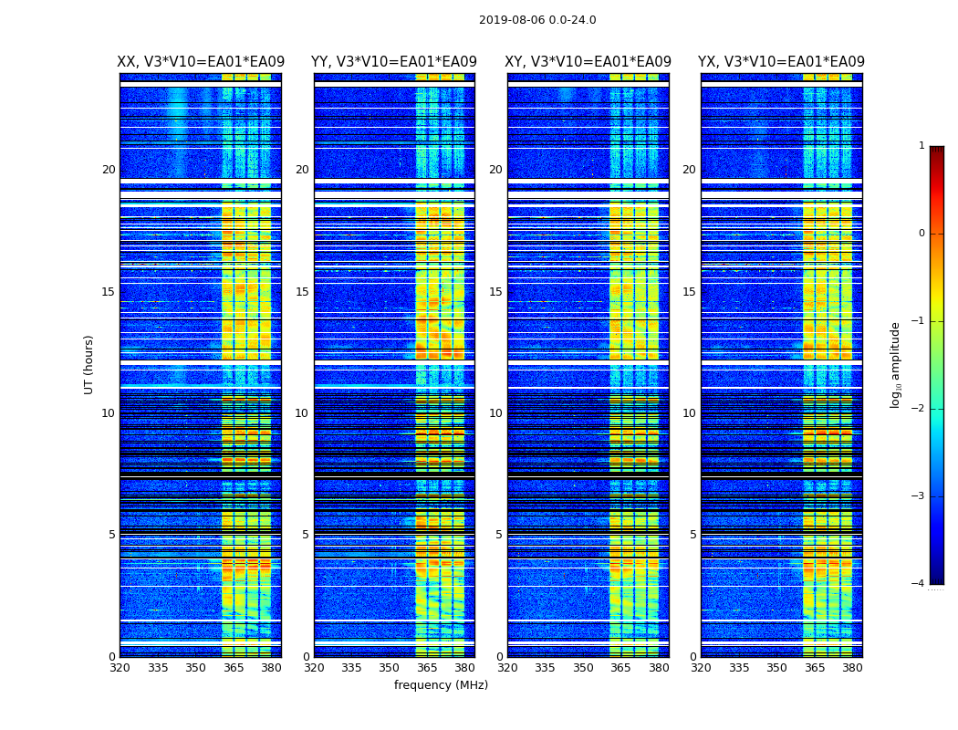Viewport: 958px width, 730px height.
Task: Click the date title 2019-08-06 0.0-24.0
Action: click(537, 20)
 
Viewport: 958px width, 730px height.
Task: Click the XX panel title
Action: click(200, 62)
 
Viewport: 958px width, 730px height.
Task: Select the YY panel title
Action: click(394, 62)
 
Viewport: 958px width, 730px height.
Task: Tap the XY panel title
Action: click(588, 62)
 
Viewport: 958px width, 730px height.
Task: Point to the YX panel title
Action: click(781, 62)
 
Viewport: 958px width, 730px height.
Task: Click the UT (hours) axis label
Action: click(89, 364)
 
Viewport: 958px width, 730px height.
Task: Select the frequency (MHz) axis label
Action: click(441, 685)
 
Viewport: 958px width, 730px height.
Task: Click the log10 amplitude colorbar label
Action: click(896, 364)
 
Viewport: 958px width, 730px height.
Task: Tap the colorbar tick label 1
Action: click(921, 146)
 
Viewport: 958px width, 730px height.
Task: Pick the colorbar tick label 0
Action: click(921, 234)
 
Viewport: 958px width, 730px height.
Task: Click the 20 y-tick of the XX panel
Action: click(109, 170)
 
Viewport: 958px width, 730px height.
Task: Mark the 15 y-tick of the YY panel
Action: click(302, 292)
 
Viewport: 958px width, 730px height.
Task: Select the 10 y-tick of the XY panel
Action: click(495, 413)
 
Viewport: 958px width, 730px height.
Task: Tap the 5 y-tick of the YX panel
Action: click(693, 535)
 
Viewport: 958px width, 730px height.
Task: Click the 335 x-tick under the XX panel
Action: click(158, 668)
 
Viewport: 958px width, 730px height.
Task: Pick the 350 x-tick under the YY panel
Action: click(390, 668)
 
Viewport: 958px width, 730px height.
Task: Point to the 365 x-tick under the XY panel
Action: click(620, 668)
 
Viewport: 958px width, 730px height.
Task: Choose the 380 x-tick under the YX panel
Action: click(852, 668)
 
